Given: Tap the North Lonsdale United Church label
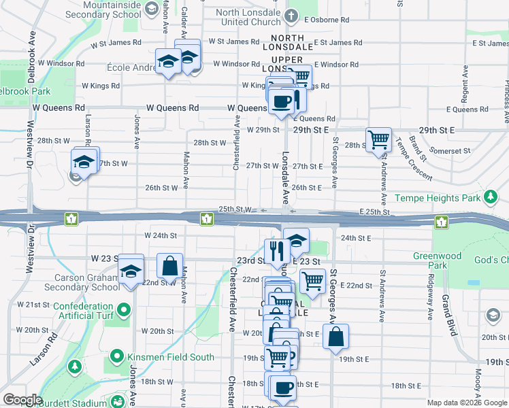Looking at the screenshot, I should tap(248, 17).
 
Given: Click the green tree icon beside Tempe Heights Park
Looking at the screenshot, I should tap(490, 198).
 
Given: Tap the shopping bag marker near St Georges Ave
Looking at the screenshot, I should tap(336, 337).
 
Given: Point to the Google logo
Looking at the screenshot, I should tap(23, 400).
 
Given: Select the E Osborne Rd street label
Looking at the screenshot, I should tap(329, 20).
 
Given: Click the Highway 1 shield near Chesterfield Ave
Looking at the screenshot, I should tap(207, 219).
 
